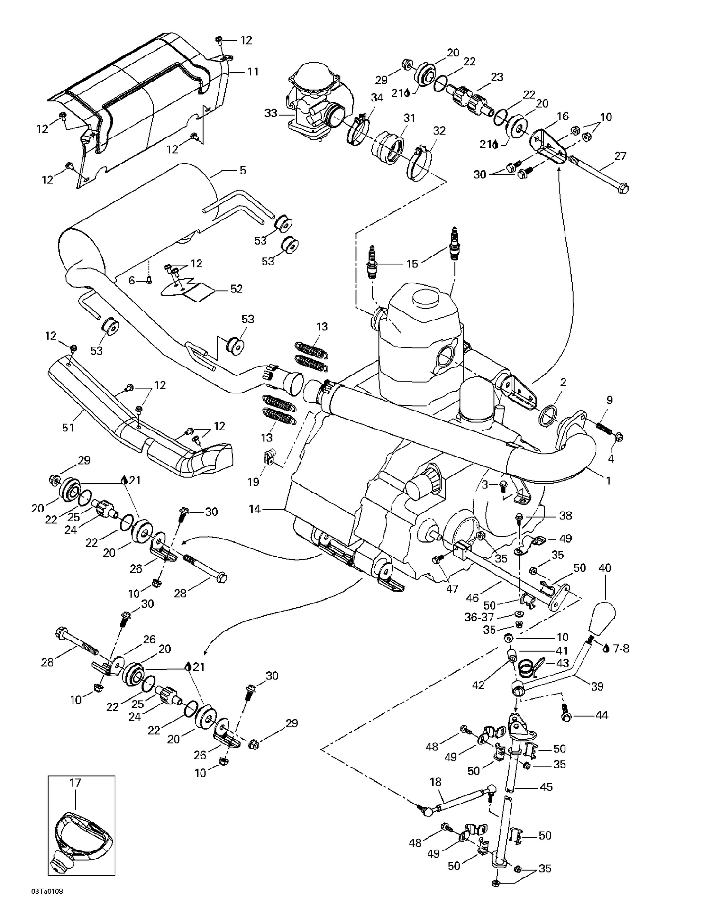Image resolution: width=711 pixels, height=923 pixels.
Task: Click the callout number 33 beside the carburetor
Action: click(x=271, y=113)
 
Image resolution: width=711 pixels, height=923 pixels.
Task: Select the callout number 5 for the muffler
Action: click(x=243, y=170)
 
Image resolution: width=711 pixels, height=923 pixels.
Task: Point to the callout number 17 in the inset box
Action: click(x=76, y=783)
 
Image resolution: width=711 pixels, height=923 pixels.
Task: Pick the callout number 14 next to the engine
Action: click(x=255, y=509)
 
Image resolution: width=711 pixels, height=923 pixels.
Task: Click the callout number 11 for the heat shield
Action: click(x=253, y=72)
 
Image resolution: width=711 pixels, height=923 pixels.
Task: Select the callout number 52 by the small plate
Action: click(x=236, y=289)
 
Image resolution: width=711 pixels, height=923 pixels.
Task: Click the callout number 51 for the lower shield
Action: click(x=68, y=428)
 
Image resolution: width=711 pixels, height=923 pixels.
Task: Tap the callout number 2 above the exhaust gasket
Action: click(x=563, y=382)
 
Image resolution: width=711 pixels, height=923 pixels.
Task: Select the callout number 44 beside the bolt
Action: click(x=602, y=715)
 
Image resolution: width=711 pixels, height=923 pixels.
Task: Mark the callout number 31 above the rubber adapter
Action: click(x=409, y=118)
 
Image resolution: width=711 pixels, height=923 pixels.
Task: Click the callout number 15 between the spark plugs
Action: click(x=412, y=264)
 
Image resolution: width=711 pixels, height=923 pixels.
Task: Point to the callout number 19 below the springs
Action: click(x=254, y=482)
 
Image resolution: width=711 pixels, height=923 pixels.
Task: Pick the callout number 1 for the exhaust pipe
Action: click(x=608, y=480)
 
